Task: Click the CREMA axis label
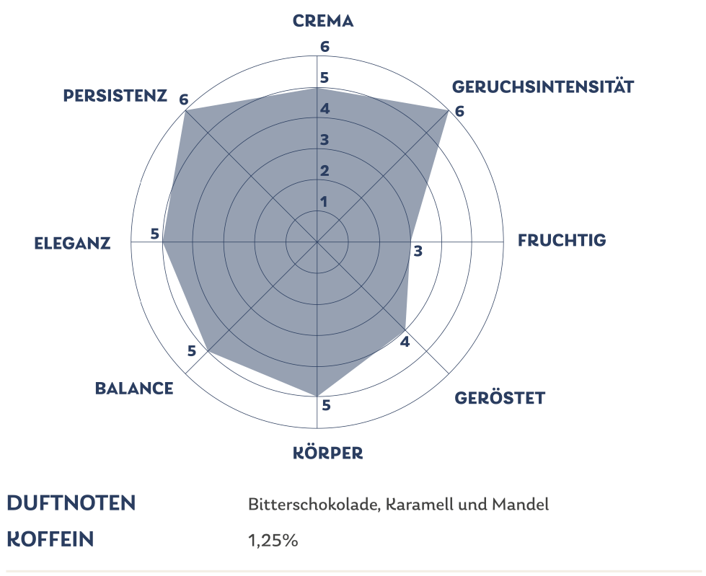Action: coord(323,21)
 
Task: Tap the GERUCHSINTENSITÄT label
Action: coord(542,87)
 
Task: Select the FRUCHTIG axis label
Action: coord(562,240)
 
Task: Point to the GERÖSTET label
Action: coord(500,398)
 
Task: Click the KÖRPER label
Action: coord(327,453)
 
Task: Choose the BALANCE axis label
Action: coord(134,389)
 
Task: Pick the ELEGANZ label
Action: coord(72,244)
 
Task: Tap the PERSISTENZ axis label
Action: coord(115,95)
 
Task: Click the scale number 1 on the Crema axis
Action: coord(324,201)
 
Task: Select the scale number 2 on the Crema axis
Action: coord(325,171)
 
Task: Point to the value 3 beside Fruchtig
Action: coord(418,251)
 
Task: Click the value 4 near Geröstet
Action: coord(405,341)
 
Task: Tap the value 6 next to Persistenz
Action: coord(185,99)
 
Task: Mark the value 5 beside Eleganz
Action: coord(154,234)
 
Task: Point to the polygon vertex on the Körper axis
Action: coord(317,396)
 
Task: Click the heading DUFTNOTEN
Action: coord(71,503)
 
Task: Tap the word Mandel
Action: coord(520,505)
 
